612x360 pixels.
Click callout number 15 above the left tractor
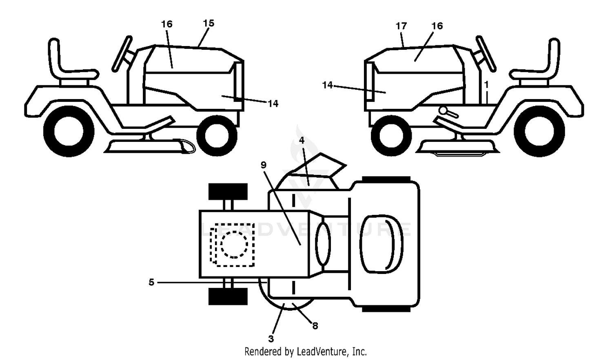click(209, 24)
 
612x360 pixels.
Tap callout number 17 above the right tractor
click(401, 26)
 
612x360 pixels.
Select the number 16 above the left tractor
click(167, 24)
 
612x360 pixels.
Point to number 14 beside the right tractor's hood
click(328, 85)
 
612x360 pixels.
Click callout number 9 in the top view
click(264, 165)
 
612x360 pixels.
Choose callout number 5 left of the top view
click(151, 282)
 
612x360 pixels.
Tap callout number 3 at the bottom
click(271, 339)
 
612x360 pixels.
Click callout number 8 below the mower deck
click(315, 326)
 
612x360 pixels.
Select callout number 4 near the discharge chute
click(302, 140)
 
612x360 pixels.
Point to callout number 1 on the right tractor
click(486, 85)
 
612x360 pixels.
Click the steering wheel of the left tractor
click(122, 54)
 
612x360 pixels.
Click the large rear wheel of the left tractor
click(69, 131)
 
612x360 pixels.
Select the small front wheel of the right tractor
click(391, 136)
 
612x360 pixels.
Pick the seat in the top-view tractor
click(381, 244)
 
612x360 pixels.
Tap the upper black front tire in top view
click(228, 192)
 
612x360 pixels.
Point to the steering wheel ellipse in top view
click(323, 244)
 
